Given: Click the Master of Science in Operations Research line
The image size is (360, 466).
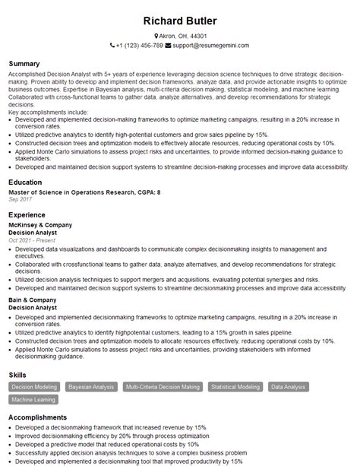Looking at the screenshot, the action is pos(84,193).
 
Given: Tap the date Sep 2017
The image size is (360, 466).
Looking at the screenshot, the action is pos(20,201).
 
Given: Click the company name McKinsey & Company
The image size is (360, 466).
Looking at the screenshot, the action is pos(39,225).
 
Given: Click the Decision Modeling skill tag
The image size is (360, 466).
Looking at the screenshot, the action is pos(34,387).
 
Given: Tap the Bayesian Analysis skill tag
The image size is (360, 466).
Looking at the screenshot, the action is pos(92,387).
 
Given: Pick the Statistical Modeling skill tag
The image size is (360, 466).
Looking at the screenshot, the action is pos(235,387).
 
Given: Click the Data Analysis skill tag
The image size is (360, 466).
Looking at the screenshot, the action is pos(289,387).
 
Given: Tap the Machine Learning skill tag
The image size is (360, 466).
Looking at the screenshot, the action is pos(33,399).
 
